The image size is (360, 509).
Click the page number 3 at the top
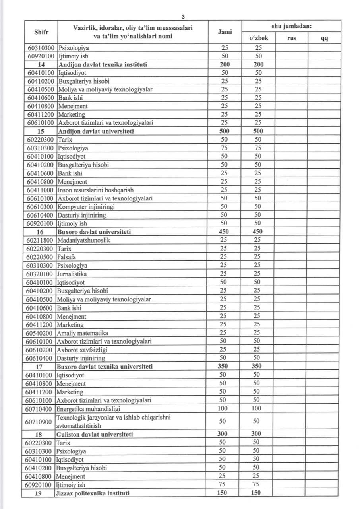183,17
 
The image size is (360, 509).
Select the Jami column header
225,32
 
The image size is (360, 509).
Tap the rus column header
291,38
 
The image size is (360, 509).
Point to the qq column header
324,38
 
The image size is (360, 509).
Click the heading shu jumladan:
291,26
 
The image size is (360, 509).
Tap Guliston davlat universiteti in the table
95,434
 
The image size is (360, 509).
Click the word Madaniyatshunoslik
84,240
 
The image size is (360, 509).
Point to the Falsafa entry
67,257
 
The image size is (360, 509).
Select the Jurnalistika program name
72,274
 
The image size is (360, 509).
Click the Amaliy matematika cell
82,333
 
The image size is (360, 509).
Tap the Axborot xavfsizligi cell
82,350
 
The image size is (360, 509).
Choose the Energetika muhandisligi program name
89,408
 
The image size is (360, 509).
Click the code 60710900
39,421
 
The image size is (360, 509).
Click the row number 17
40,366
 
